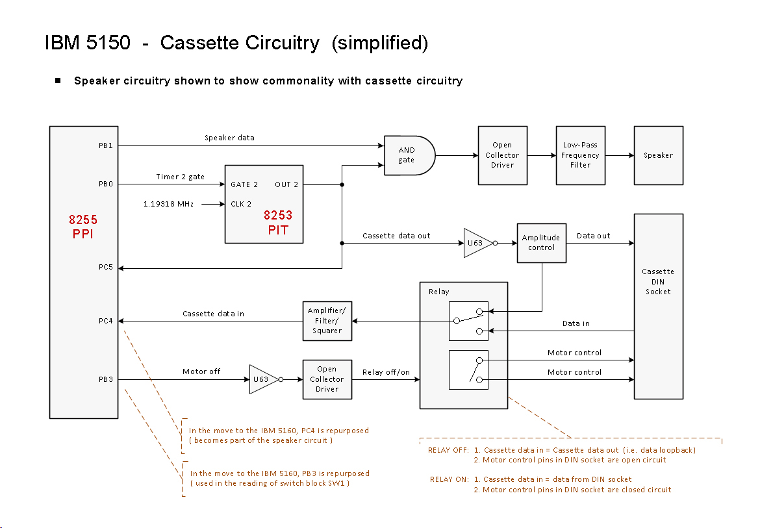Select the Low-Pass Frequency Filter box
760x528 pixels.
(x=580, y=155)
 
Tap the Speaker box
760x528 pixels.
(x=658, y=155)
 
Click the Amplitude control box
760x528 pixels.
(x=541, y=243)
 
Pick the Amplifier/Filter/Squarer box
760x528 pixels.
(x=327, y=321)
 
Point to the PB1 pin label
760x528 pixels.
(x=106, y=145)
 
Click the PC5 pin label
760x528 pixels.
(x=106, y=267)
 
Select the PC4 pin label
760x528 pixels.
(x=106, y=321)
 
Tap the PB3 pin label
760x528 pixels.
(x=106, y=379)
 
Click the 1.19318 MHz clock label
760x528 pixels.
(x=168, y=204)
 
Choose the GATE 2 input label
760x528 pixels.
(x=244, y=184)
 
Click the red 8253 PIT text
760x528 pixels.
(x=278, y=222)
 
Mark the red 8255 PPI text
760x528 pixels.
(x=83, y=227)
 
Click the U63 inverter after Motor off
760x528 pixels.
(x=263, y=379)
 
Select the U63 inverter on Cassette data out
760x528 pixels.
(x=477, y=243)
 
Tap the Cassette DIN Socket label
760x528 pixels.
(x=658, y=281)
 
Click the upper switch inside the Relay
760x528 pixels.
(x=468, y=321)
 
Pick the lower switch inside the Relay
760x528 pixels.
(x=468, y=370)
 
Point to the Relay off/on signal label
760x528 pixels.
(x=386, y=372)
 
